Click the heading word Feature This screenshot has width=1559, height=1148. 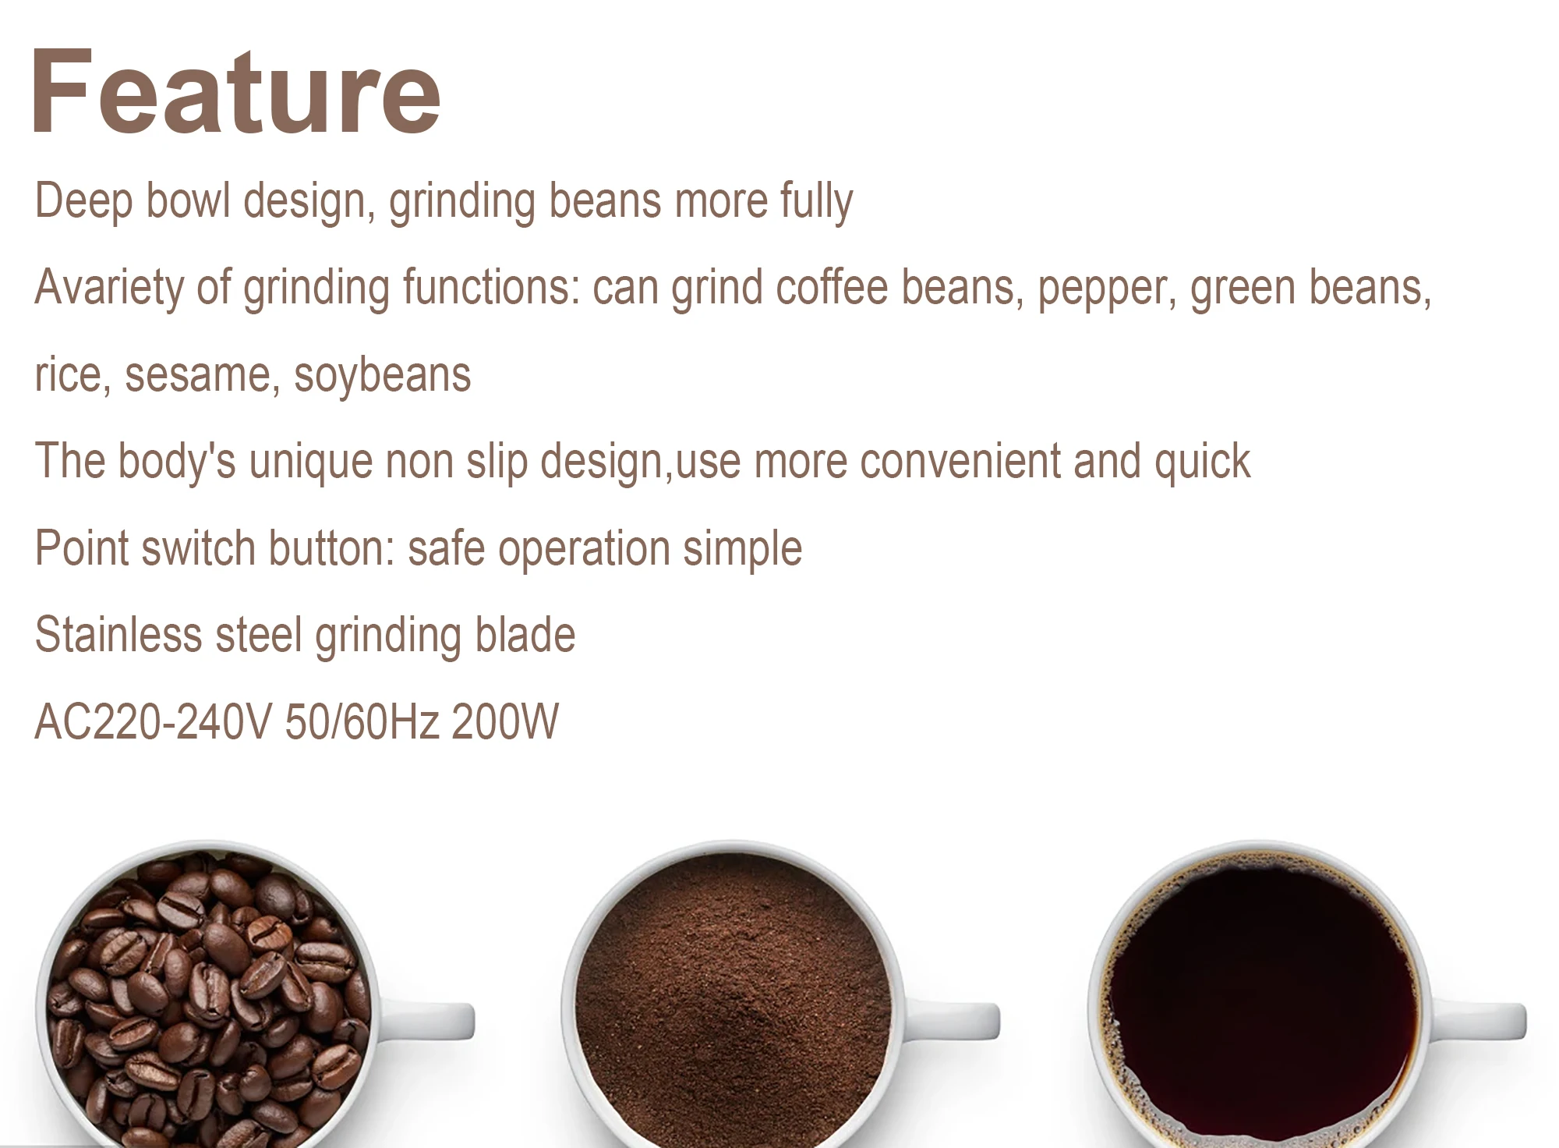pyautogui.click(x=236, y=92)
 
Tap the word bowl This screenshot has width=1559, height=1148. pyautogui.click(x=189, y=200)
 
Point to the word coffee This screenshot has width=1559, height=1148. pyautogui.click(x=832, y=286)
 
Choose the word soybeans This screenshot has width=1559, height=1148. pyautogui.click(x=383, y=376)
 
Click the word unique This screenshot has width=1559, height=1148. pyautogui.click(x=311, y=462)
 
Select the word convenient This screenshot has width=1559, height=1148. pyautogui.click(x=960, y=461)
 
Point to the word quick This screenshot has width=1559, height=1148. pyautogui.click(x=1203, y=462)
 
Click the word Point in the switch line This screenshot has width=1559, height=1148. pyautogui.click(x=82, y=547)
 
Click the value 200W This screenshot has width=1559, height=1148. pyautogui.click(x=505, y=721)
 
